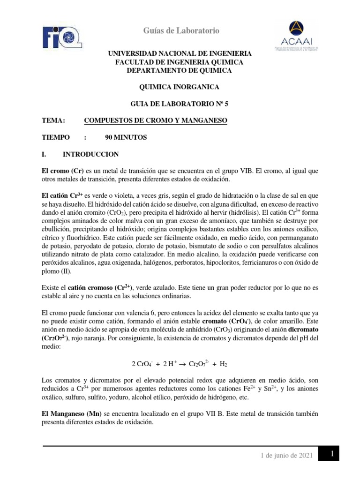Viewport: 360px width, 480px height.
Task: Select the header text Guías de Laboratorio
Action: click(180, 31)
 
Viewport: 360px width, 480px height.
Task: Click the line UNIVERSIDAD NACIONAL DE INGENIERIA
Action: click(180, 54)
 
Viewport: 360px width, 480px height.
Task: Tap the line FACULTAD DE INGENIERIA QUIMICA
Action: click(180, 62)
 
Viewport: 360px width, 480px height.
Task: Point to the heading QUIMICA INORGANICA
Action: click(180, 87)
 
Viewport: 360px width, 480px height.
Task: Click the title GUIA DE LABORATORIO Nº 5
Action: click(180, 104)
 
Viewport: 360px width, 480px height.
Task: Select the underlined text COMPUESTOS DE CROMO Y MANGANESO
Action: click(155, 121)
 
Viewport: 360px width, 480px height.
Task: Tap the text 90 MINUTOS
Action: click(127, 137)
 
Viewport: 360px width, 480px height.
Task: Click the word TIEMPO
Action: click(56, 137)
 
